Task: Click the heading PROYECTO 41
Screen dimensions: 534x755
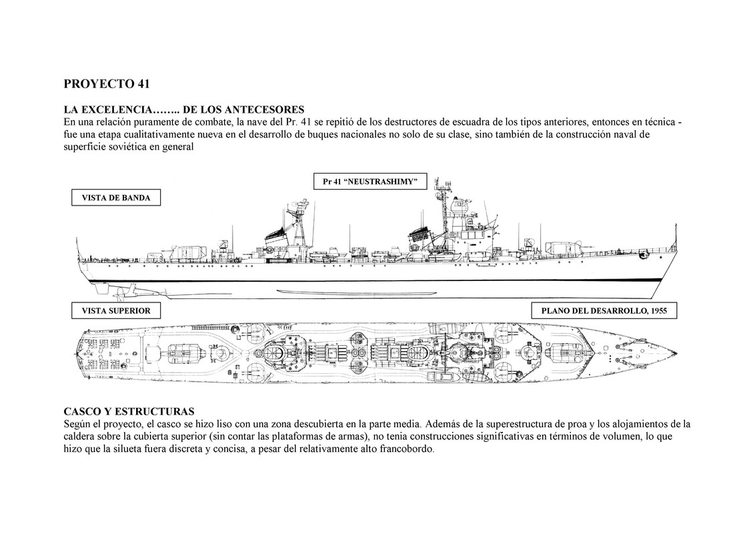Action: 107,84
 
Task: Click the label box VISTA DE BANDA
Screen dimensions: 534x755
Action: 116,198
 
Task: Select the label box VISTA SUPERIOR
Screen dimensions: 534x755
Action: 116,310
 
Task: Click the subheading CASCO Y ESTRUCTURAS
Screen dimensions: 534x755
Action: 129,411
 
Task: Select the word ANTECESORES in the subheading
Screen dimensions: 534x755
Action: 265,109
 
